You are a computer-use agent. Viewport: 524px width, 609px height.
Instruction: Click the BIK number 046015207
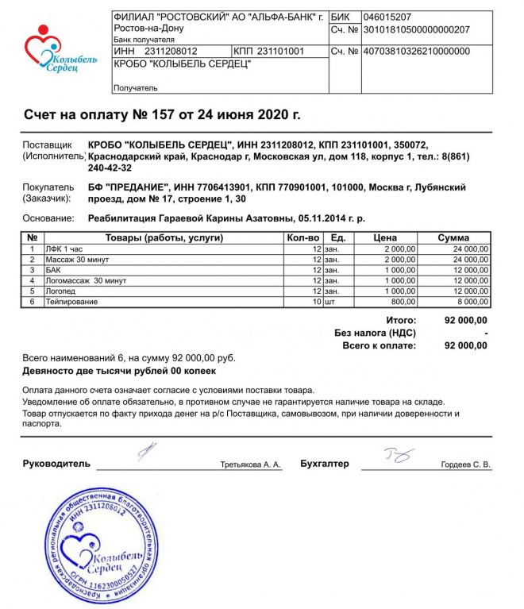tap(387, 17)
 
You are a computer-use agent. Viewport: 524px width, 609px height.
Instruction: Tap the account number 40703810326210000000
tap(416, 51)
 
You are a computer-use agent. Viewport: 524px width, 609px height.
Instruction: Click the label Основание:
tap(51, 218)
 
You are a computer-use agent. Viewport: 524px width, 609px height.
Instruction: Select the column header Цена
tap(385, 237)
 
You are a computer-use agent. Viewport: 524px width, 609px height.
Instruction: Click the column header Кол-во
tap(302, 237)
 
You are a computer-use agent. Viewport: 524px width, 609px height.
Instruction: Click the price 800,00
tap(403, 302)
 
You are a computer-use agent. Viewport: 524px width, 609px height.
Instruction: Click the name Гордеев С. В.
tap(465, 464)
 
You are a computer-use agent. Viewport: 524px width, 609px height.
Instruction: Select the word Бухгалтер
tap(325, 464)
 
